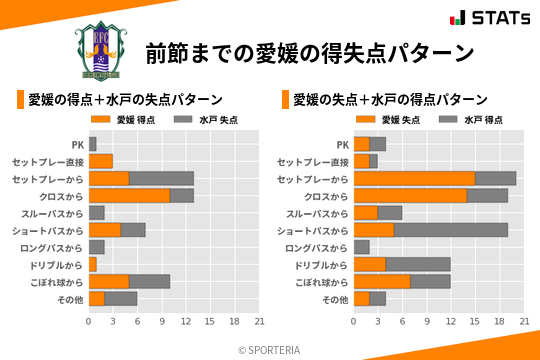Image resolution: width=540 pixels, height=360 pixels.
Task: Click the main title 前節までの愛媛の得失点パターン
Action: pos(309,52)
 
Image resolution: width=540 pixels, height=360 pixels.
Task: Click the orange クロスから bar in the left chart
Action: pos(129,195)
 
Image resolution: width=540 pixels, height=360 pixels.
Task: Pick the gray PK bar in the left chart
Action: pos(93,144)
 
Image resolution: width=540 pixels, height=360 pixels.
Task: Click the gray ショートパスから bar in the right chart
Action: pos(451,230)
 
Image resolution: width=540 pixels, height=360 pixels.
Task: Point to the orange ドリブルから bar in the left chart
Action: pos(93,264)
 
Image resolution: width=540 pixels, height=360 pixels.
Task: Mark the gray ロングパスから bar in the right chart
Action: pos(362,247)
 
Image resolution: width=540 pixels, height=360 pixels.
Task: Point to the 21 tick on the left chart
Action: pos(258,322)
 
